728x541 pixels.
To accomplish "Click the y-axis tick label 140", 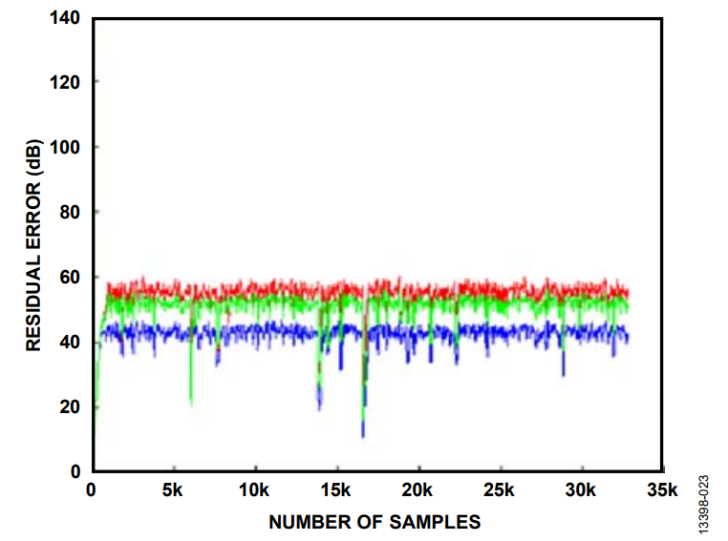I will [66, 17].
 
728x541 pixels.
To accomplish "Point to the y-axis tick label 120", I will [66, 82].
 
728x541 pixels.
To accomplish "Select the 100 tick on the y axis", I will [66, 147].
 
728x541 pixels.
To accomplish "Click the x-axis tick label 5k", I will [172, 490].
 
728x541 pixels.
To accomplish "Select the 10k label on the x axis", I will [254, 490].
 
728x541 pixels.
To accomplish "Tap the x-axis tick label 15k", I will [335, 490].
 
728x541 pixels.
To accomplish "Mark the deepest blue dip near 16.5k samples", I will [363, 435].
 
